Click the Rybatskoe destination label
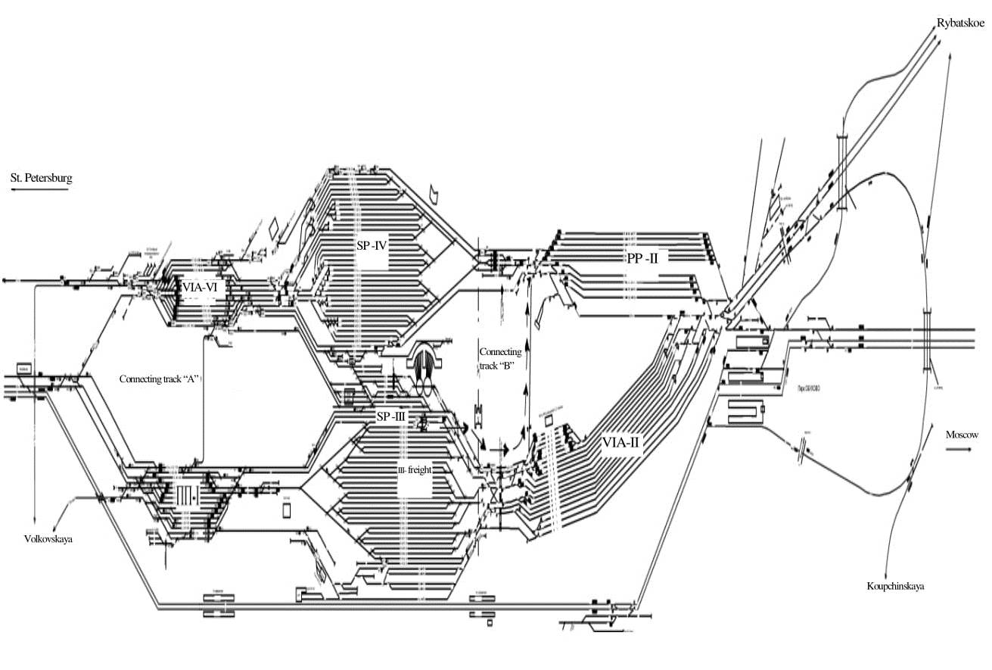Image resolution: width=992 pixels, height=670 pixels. (960, 23)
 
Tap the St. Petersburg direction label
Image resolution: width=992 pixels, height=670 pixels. (41, 179)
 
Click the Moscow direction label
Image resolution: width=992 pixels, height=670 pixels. (962, 435)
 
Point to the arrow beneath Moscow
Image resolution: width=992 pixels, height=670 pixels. (959, 449)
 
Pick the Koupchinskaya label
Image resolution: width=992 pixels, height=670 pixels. (896, 586)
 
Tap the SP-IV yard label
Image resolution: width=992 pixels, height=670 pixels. (372, 245)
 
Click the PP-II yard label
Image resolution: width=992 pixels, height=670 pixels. (642, 258)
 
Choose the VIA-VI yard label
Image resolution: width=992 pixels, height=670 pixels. (200, 288)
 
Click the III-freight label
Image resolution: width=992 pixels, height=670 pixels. (415, 469)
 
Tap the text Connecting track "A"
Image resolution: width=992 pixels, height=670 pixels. (159, 379)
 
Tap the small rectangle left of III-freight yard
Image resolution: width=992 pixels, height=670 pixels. (287, 510)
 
